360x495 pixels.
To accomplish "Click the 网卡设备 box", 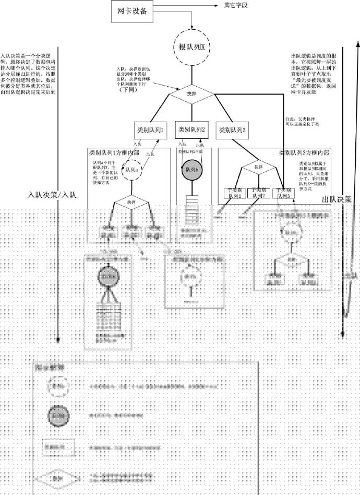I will [x=133, y=12].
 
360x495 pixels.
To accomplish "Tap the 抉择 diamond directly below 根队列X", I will [x=192, y=95].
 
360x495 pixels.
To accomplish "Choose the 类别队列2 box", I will [x=191, y=129].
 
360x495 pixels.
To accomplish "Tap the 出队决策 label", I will [x=337, y=199].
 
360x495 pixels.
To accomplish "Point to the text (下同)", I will [x=127, y=90].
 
